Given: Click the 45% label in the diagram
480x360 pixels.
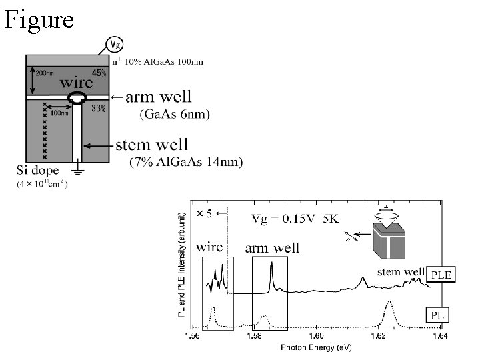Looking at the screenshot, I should (99, 72).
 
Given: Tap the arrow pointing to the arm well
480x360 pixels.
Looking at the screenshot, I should (117, 98).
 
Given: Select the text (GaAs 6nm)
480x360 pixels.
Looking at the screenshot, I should (174, 114).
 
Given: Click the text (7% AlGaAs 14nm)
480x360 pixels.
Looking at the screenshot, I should (185, 161).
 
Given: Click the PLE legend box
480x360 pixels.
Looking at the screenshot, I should (441, 275).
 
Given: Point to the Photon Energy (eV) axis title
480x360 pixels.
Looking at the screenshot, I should (316, 347).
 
